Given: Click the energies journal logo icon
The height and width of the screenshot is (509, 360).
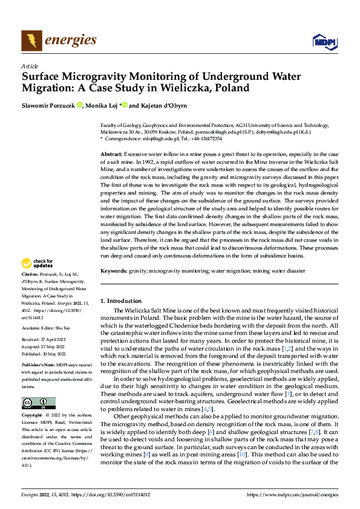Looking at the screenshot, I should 31,41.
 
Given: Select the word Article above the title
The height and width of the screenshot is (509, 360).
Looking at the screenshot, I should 30,66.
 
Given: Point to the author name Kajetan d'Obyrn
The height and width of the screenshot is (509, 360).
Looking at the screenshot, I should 166,105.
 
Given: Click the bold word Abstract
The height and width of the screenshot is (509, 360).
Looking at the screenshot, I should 111,155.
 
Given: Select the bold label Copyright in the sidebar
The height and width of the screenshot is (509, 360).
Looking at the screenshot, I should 32,416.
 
